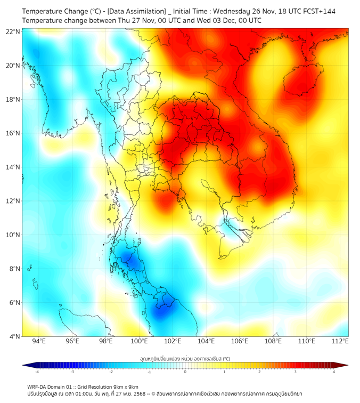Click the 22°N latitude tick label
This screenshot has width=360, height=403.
click(13, 31)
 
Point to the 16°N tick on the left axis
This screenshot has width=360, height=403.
click(13, 133)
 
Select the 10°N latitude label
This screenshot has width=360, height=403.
click(13, 235)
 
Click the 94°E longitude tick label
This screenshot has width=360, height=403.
click(39, 341)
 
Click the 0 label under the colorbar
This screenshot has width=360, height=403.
click(185, 372)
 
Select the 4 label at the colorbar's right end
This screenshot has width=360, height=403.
click(334, 372)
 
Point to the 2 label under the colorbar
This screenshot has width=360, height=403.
click(259, 372)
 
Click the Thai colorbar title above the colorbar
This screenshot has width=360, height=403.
click(185, 358)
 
